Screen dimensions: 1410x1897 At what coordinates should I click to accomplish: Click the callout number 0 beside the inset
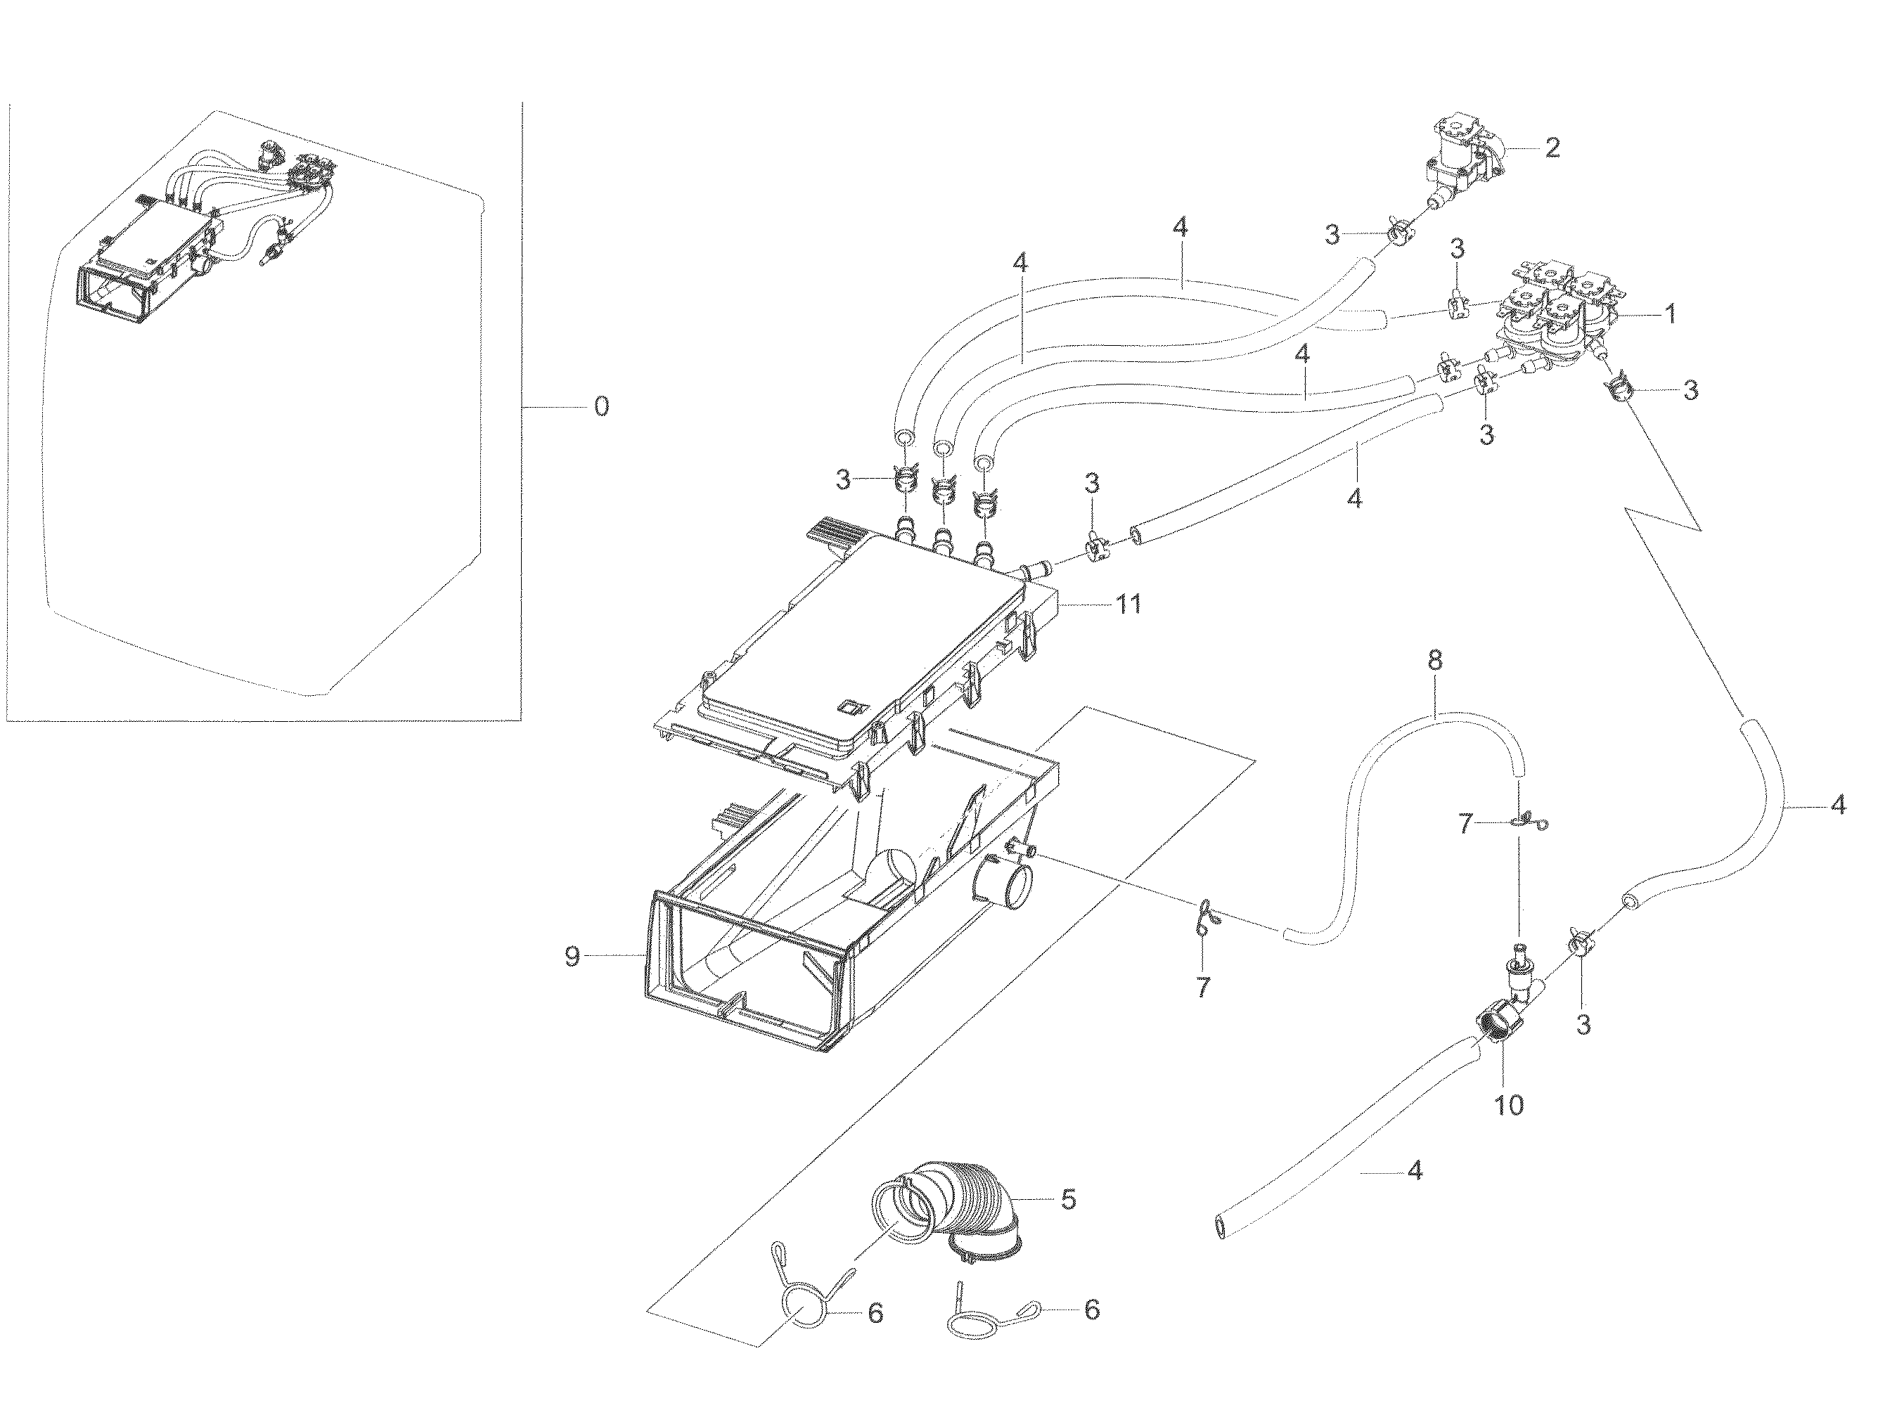click(x=601, y=406)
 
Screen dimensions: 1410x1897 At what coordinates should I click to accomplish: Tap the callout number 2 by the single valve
click(x=1552, y=148)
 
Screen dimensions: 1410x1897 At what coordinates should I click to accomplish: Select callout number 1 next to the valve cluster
click(x=1670, y=315)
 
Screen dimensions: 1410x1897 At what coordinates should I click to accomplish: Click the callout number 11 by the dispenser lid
click(x=1128, y=604)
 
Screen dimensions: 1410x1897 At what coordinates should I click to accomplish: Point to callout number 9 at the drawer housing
click(x=572, y=957)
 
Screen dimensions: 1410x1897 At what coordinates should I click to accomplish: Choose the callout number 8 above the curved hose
click(x=1434, y=660)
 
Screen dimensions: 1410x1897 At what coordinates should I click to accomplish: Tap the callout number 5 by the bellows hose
click(x=1068, y=1199)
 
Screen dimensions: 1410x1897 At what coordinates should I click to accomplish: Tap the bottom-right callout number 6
click(x=1091, y=1309)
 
